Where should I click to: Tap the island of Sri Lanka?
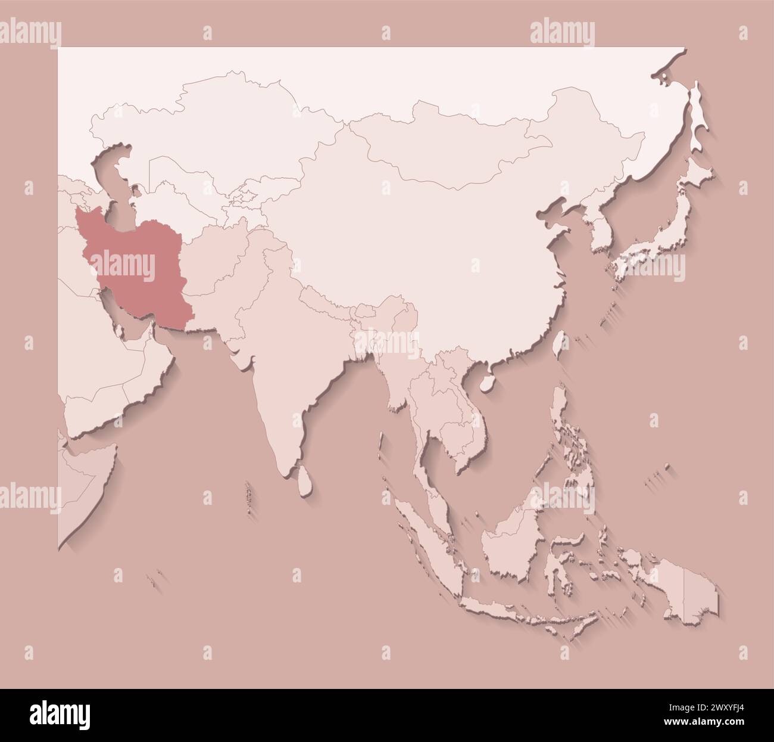(304, 480)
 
